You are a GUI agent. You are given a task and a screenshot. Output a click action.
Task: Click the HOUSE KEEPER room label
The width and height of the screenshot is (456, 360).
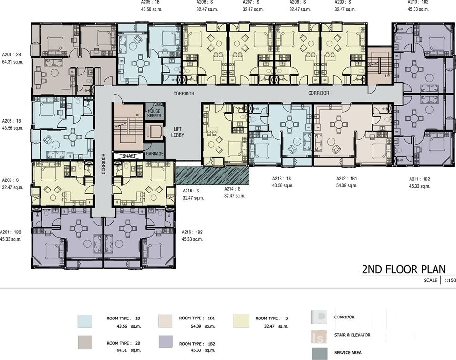tap(154, 113)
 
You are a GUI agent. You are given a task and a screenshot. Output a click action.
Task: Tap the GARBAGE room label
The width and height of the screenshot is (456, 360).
tap(155, 154)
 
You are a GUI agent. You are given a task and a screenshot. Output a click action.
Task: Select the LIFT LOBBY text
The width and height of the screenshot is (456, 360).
tap(177, 132)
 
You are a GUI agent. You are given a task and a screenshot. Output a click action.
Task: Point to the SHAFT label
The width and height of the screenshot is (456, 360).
tap(128, 156)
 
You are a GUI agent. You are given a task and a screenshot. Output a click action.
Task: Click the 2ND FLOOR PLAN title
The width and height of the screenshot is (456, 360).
tap(404, 269)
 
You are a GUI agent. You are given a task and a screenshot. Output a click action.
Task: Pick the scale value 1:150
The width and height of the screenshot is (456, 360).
tap(450, 280)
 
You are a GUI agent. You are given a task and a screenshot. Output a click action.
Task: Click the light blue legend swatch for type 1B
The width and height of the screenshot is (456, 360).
tap(84, 321)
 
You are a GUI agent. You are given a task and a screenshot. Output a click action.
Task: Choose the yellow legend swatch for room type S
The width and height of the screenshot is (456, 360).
tap(241, 321)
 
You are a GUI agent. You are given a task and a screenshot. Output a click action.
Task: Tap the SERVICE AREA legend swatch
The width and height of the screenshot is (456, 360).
tap(319, 353)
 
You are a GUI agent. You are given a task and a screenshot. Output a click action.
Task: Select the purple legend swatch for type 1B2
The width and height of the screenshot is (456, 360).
tap(166, 341)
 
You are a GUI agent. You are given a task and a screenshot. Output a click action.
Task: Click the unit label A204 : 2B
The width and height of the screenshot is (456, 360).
tap(11, 54)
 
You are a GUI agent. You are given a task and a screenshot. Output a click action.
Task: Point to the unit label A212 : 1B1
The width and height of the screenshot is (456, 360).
tap(347, 179)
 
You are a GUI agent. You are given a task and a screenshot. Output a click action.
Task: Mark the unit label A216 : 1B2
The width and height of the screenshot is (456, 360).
tap(192, 232)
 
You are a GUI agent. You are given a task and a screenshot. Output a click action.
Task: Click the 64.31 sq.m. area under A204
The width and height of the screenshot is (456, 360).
tap(12, 62)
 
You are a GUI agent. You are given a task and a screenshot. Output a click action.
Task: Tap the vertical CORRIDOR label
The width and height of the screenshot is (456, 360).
tap(104, 164)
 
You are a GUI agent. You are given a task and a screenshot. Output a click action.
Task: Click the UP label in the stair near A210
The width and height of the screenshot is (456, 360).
tap(387, 76)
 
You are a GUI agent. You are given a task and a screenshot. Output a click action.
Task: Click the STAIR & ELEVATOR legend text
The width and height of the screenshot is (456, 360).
tap(352, 335)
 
